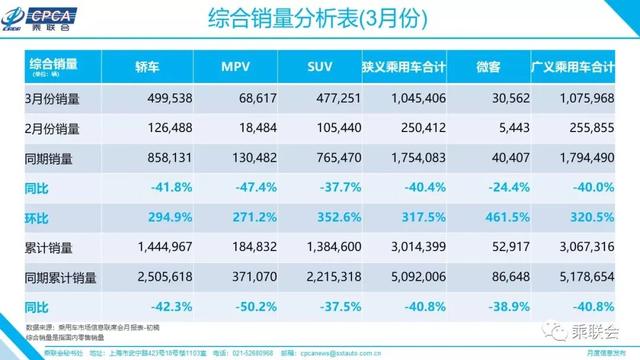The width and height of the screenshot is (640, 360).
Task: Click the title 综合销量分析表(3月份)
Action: pos(320,20)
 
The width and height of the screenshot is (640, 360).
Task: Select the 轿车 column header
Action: pos(147,69)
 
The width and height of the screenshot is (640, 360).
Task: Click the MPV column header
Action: pos(234,69)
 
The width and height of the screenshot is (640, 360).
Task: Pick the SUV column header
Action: pos(321,69)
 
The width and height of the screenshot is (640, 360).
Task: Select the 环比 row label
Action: pos(36,214)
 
